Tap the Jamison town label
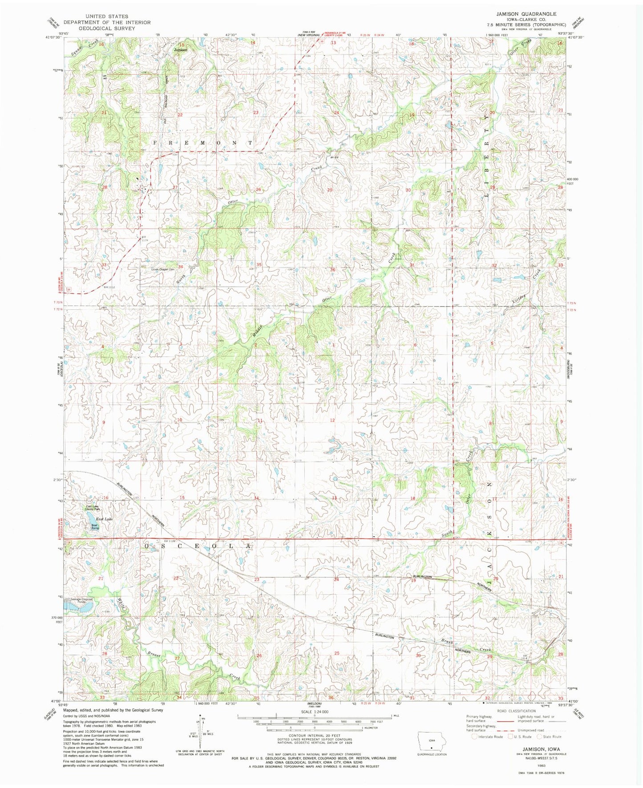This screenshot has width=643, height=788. (x=180, y=50)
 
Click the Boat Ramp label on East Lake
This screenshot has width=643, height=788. (x=94, y=526)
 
